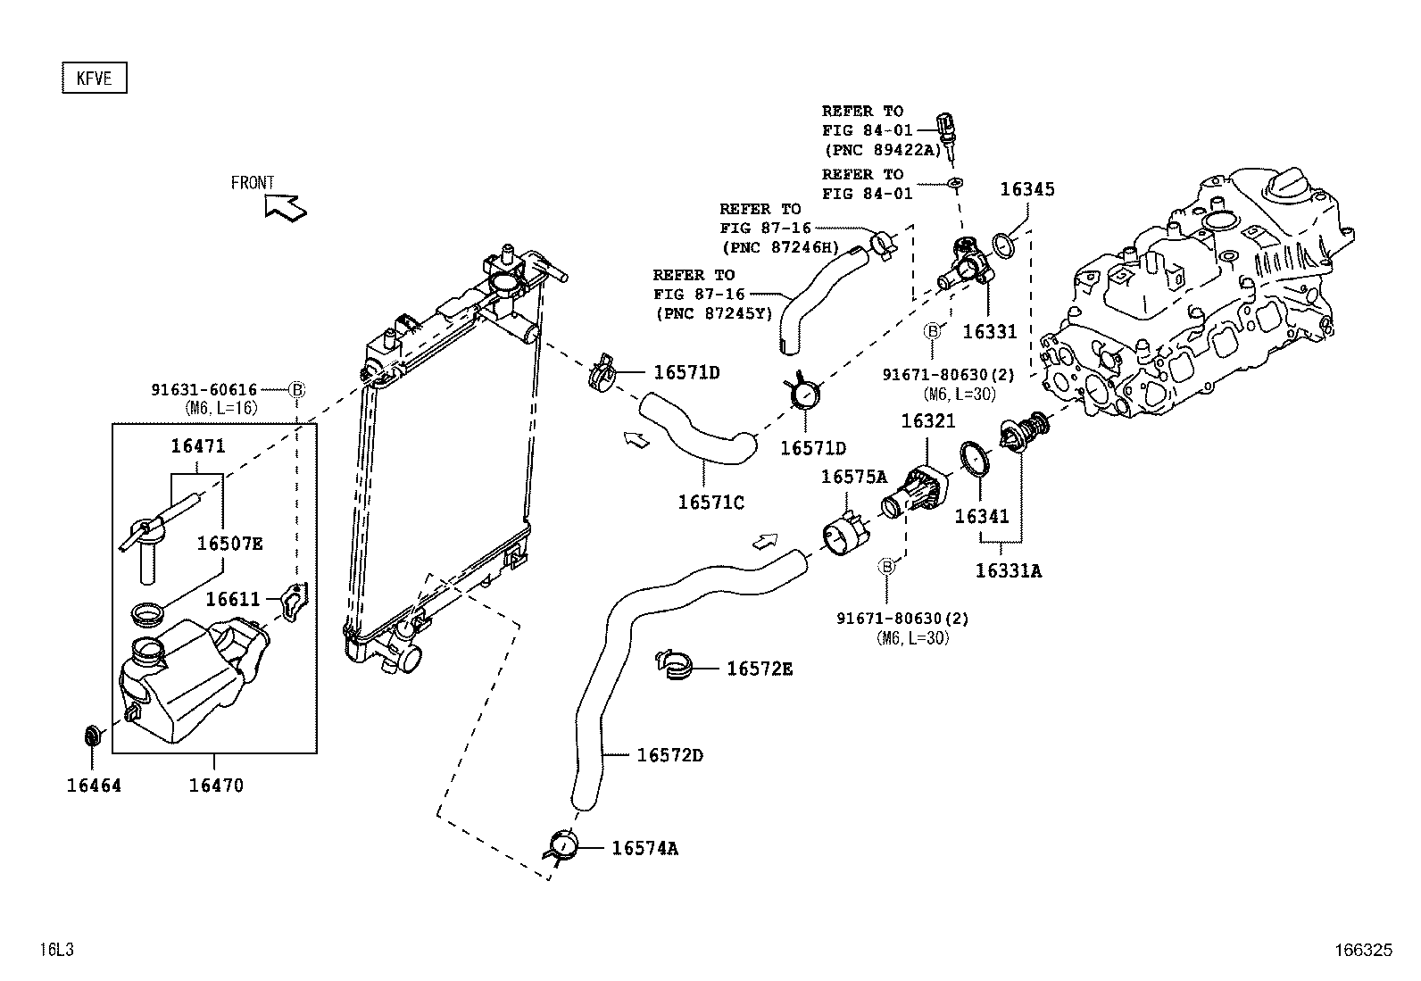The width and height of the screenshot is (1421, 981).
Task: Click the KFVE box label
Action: click(x=94, y=79)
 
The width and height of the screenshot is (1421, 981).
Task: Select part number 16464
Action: click(x=93, y=786)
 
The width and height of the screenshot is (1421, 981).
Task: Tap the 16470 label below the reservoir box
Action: click(x=215, y=786)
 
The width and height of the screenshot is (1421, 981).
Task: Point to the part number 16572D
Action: click(x=669, y=755)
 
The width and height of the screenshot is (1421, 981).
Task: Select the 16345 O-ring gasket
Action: click(x=1003, y=243)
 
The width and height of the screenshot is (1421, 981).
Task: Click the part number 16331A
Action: click(x=1008, y=570)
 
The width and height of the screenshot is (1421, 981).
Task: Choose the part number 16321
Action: click(x=927, y=420)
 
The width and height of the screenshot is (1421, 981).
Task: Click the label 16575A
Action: click(x=853, y=478)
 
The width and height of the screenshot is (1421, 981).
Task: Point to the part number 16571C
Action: click(x=710, y=503)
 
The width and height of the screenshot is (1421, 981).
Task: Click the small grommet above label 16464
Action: click(x=91, y=736)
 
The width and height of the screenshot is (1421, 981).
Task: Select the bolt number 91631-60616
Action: click(x=204, y=389)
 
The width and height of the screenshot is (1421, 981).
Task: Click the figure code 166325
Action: click(x=1362, y=951)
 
